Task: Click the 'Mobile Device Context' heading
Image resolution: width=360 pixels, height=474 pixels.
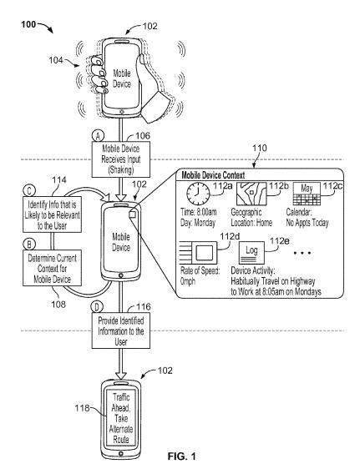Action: click(215, 175)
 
